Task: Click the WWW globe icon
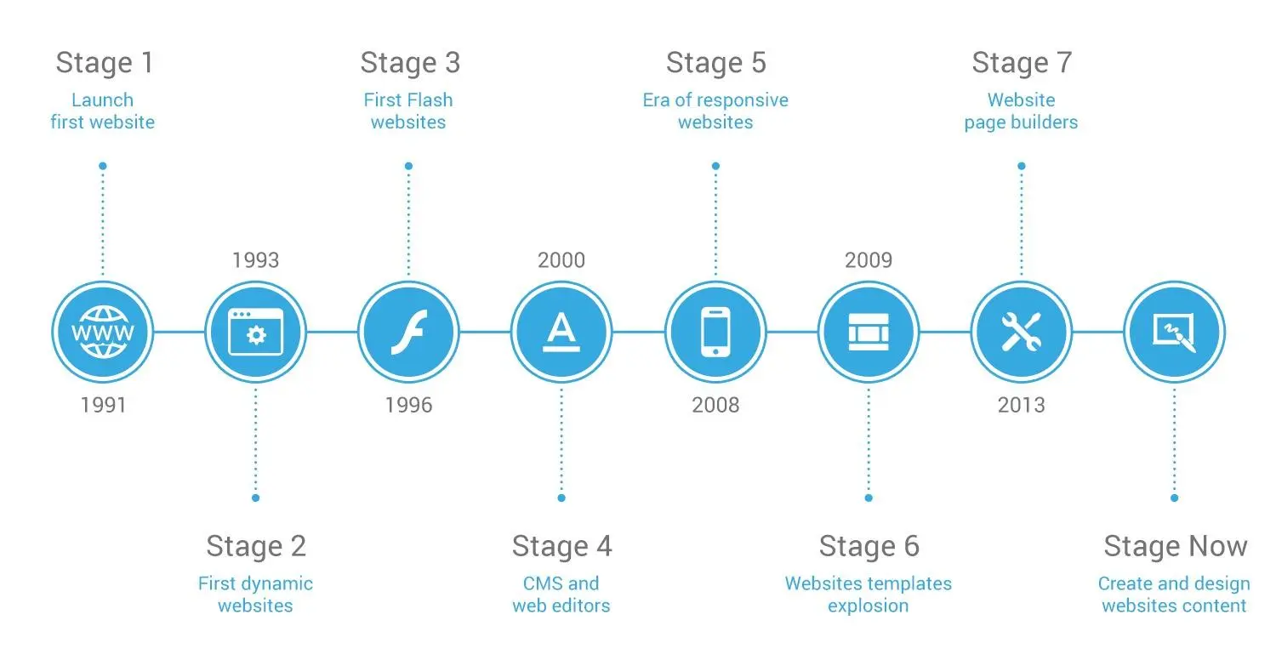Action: pos(102,332)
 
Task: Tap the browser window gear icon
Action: pos(255,332)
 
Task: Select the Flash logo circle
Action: pos(408,332)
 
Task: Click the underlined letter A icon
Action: pos(561,332)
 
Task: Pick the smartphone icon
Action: pos(715,332)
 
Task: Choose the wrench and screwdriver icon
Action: pos(1021,332)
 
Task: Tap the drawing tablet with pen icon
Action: pos(1174,332)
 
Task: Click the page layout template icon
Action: pos(869,332)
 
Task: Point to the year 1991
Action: pos(103,405)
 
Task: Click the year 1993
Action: pos(255,259)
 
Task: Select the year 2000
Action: pos(561,259)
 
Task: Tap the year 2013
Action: pos(1021,405)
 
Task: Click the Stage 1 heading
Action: pos(102,63)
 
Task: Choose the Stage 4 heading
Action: pos(561,546)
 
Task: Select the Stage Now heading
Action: pos(1175,546)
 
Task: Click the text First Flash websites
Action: pos(408,111)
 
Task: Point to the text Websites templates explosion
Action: pos(869,595)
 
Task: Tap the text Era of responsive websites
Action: pos(715,111)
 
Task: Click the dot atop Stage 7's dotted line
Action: pos(1021,166)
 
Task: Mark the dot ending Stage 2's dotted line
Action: pos(255,498)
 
